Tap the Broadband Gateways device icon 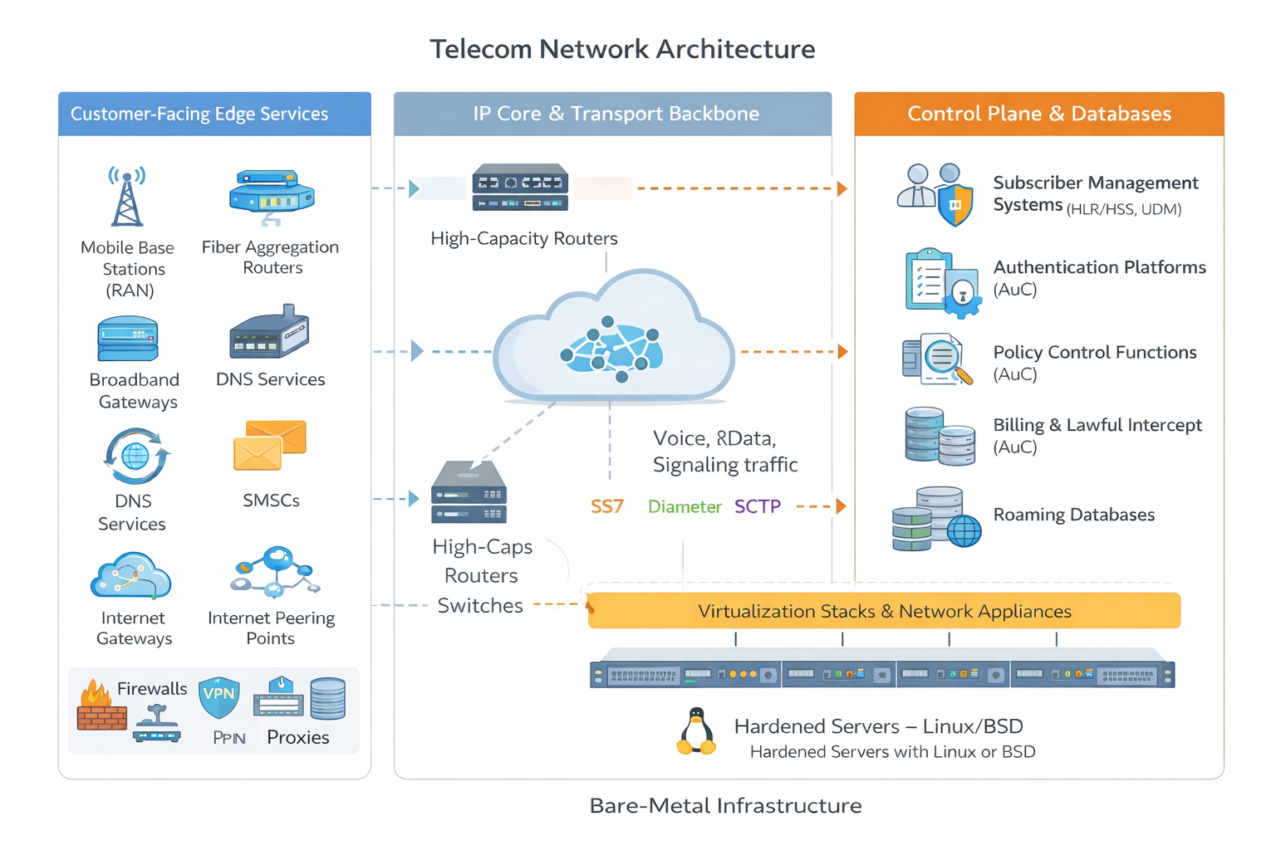coord(128,339)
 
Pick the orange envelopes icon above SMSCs coord(270,445)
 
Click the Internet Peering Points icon coord(275,572)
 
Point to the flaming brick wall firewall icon coord(101,706)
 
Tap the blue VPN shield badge coord(219,697)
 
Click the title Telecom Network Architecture coord(621,49)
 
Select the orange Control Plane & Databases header coord(1038,114)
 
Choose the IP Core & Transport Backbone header coord(615,114)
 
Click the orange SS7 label coord(606,506)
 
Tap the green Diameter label coord(685,506)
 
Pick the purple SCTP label coord(757,506)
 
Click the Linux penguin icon coord(696,731)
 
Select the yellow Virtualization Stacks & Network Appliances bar coord(884,611)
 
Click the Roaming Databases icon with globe coord(935,520)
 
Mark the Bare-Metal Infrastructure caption coord(725,806)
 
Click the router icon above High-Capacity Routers coord(520,188)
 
